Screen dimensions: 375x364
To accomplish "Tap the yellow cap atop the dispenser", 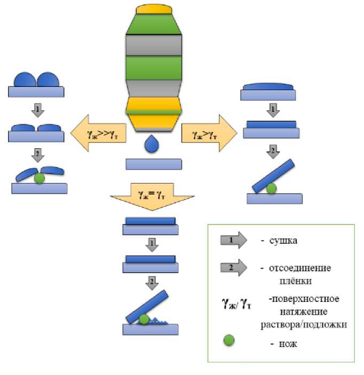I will click(153, 10).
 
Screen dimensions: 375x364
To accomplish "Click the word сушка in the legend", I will click(283, 241).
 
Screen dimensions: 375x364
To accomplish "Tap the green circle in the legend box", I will click(230, 340).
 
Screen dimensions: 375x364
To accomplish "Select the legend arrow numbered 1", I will click(233, 241).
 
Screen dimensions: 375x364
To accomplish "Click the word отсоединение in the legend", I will click(296, 268).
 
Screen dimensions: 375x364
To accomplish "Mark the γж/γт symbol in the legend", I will click(236, 304).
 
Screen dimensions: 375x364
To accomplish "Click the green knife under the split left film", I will click(38, 179).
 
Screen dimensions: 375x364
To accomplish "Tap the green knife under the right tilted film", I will click(271, 188).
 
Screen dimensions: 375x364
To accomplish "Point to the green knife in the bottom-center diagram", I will click(144, 320).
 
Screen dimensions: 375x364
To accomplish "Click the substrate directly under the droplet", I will click(153, 164).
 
